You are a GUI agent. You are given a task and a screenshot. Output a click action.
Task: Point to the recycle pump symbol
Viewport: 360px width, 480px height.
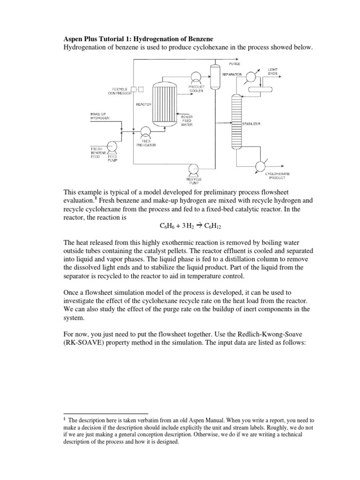(193, 169)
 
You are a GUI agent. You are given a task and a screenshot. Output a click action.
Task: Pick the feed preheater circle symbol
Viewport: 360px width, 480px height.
(145, 131)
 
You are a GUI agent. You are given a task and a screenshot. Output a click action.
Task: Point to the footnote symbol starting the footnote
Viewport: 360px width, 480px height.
(65, 420)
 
